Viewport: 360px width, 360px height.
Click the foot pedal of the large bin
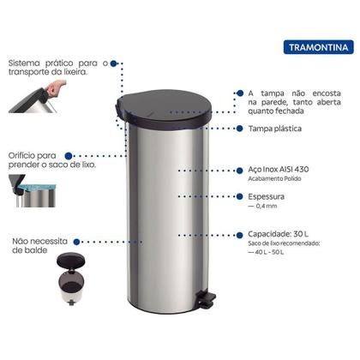[x=205, y=298]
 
